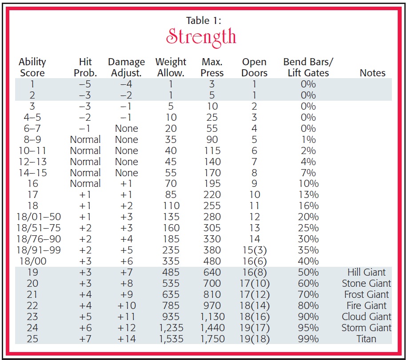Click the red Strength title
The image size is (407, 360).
[x=201, y=37]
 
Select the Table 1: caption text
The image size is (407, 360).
[x=203, y=20]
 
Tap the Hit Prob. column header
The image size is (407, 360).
[x=85, y=67]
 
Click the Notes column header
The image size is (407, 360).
[x=372, y=73]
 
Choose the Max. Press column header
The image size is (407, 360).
[x=212, y=67]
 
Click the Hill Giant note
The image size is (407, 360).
[x=367, y=272]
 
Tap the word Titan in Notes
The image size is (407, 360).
[x=366, y=339]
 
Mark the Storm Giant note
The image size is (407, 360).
[x=366, y=328]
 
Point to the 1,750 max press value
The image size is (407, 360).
[x=212, y=339]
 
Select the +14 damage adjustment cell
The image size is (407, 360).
[x=126, y=339]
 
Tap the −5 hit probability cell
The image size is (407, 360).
[x=85, y=84]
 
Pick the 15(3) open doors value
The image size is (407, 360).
[x=255, y=250]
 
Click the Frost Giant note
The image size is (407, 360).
[x=367, y=294]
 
